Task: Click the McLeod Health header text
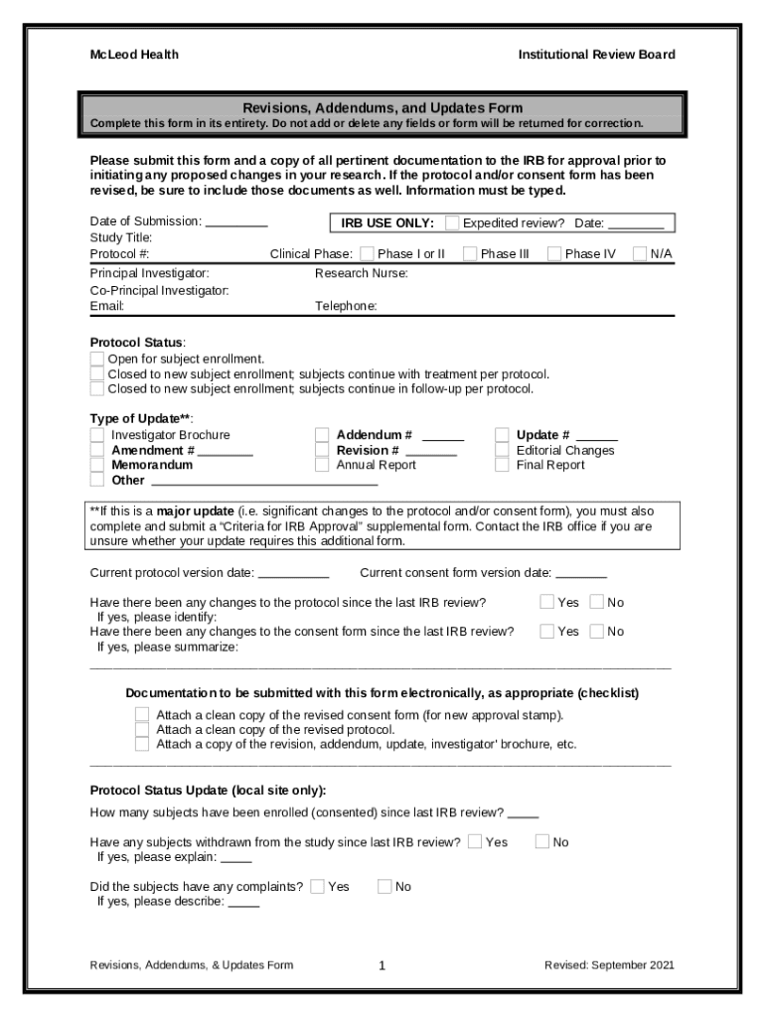[x=134, y=55]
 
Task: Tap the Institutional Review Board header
[x=596, y=55]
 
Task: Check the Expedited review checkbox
[x=452, y=223]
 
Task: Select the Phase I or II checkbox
[x=367, y=253]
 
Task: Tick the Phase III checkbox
[x=470, y=253]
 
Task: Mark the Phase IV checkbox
[x=554, y=253]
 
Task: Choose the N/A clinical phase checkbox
[x=640, y=253]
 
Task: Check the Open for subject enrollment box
[x=96, y=359]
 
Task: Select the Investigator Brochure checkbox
[x=96, y=435]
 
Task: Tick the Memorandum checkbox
[x=96, y=465]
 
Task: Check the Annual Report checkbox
[x=322, y=465]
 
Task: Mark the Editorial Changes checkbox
[x=502, y=450]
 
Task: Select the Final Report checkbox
[x=502, y=465]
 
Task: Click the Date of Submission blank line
[x=236, y=222]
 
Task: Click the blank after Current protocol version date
[x=293, y=573]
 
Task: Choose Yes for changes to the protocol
[x=546, y=602]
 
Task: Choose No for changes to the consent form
[x=596, y=631]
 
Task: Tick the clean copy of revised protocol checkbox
[x=142, y=729]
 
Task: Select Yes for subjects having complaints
[x=317, y=887]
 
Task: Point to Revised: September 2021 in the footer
[x=609, y=965]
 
